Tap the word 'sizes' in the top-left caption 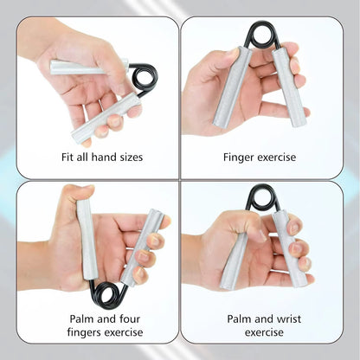(128, 157)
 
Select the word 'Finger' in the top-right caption (241, 157)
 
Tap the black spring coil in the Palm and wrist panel (260, 196)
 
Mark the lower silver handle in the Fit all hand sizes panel (106, 119)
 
